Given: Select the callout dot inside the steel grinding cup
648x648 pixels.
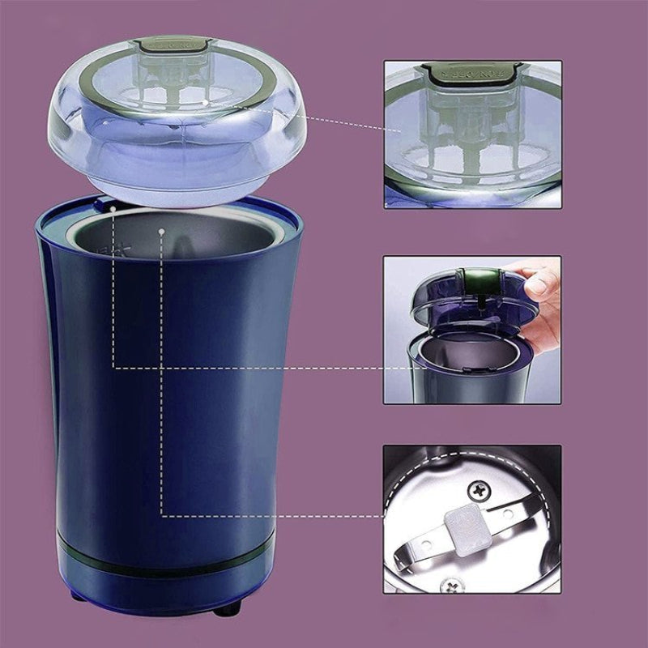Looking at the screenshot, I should click(163, 231).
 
